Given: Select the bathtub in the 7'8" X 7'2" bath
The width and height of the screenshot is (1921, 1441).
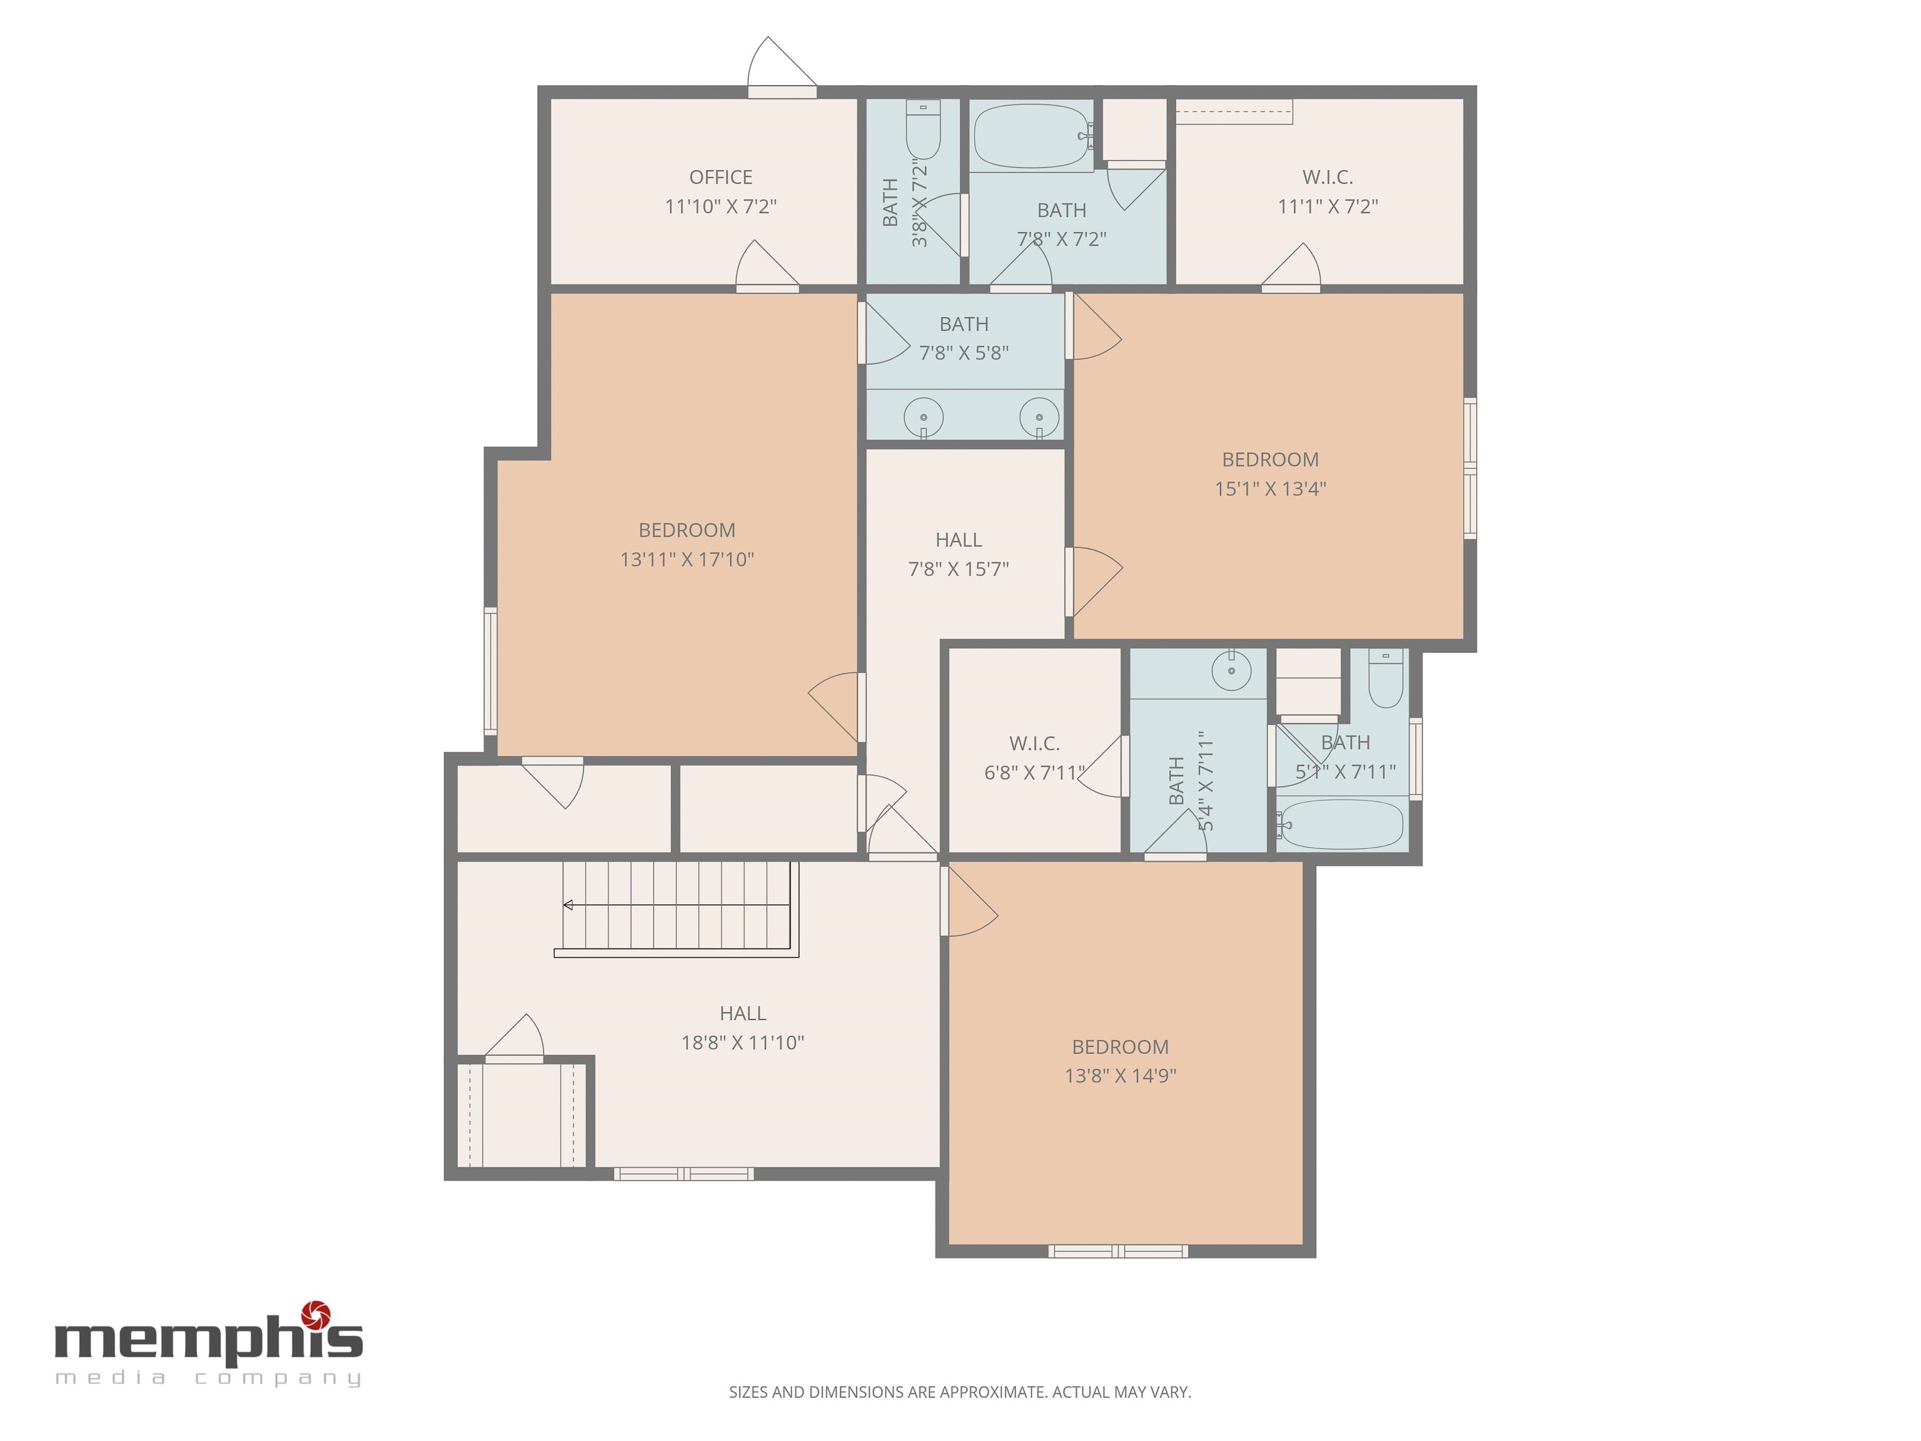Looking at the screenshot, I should [1031, 136].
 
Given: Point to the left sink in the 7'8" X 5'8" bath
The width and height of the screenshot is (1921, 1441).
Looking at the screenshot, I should [923, 418].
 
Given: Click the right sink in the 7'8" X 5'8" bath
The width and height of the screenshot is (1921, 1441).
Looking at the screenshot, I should [1039, 418].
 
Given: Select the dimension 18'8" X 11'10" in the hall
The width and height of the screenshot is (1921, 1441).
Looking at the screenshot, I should [742, 1043].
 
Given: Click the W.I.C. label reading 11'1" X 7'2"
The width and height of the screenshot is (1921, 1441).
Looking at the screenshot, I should [1327, 177].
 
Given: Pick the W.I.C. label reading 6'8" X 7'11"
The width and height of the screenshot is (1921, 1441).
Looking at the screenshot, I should [1034, 744].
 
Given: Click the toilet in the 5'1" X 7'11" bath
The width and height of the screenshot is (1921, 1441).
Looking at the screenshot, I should [1385, 679].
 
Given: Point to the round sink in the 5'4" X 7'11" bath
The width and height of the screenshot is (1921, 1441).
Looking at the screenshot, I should [1231, 670].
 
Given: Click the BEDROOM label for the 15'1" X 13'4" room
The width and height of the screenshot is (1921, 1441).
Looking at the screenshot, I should [1269, 460].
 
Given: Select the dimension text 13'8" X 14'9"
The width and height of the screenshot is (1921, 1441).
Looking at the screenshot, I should [1121, 1075].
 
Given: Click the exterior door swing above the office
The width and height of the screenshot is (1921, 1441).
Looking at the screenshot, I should [782, 64].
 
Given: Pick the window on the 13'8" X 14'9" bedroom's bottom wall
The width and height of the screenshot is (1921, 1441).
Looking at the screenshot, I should [1117, 1251].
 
